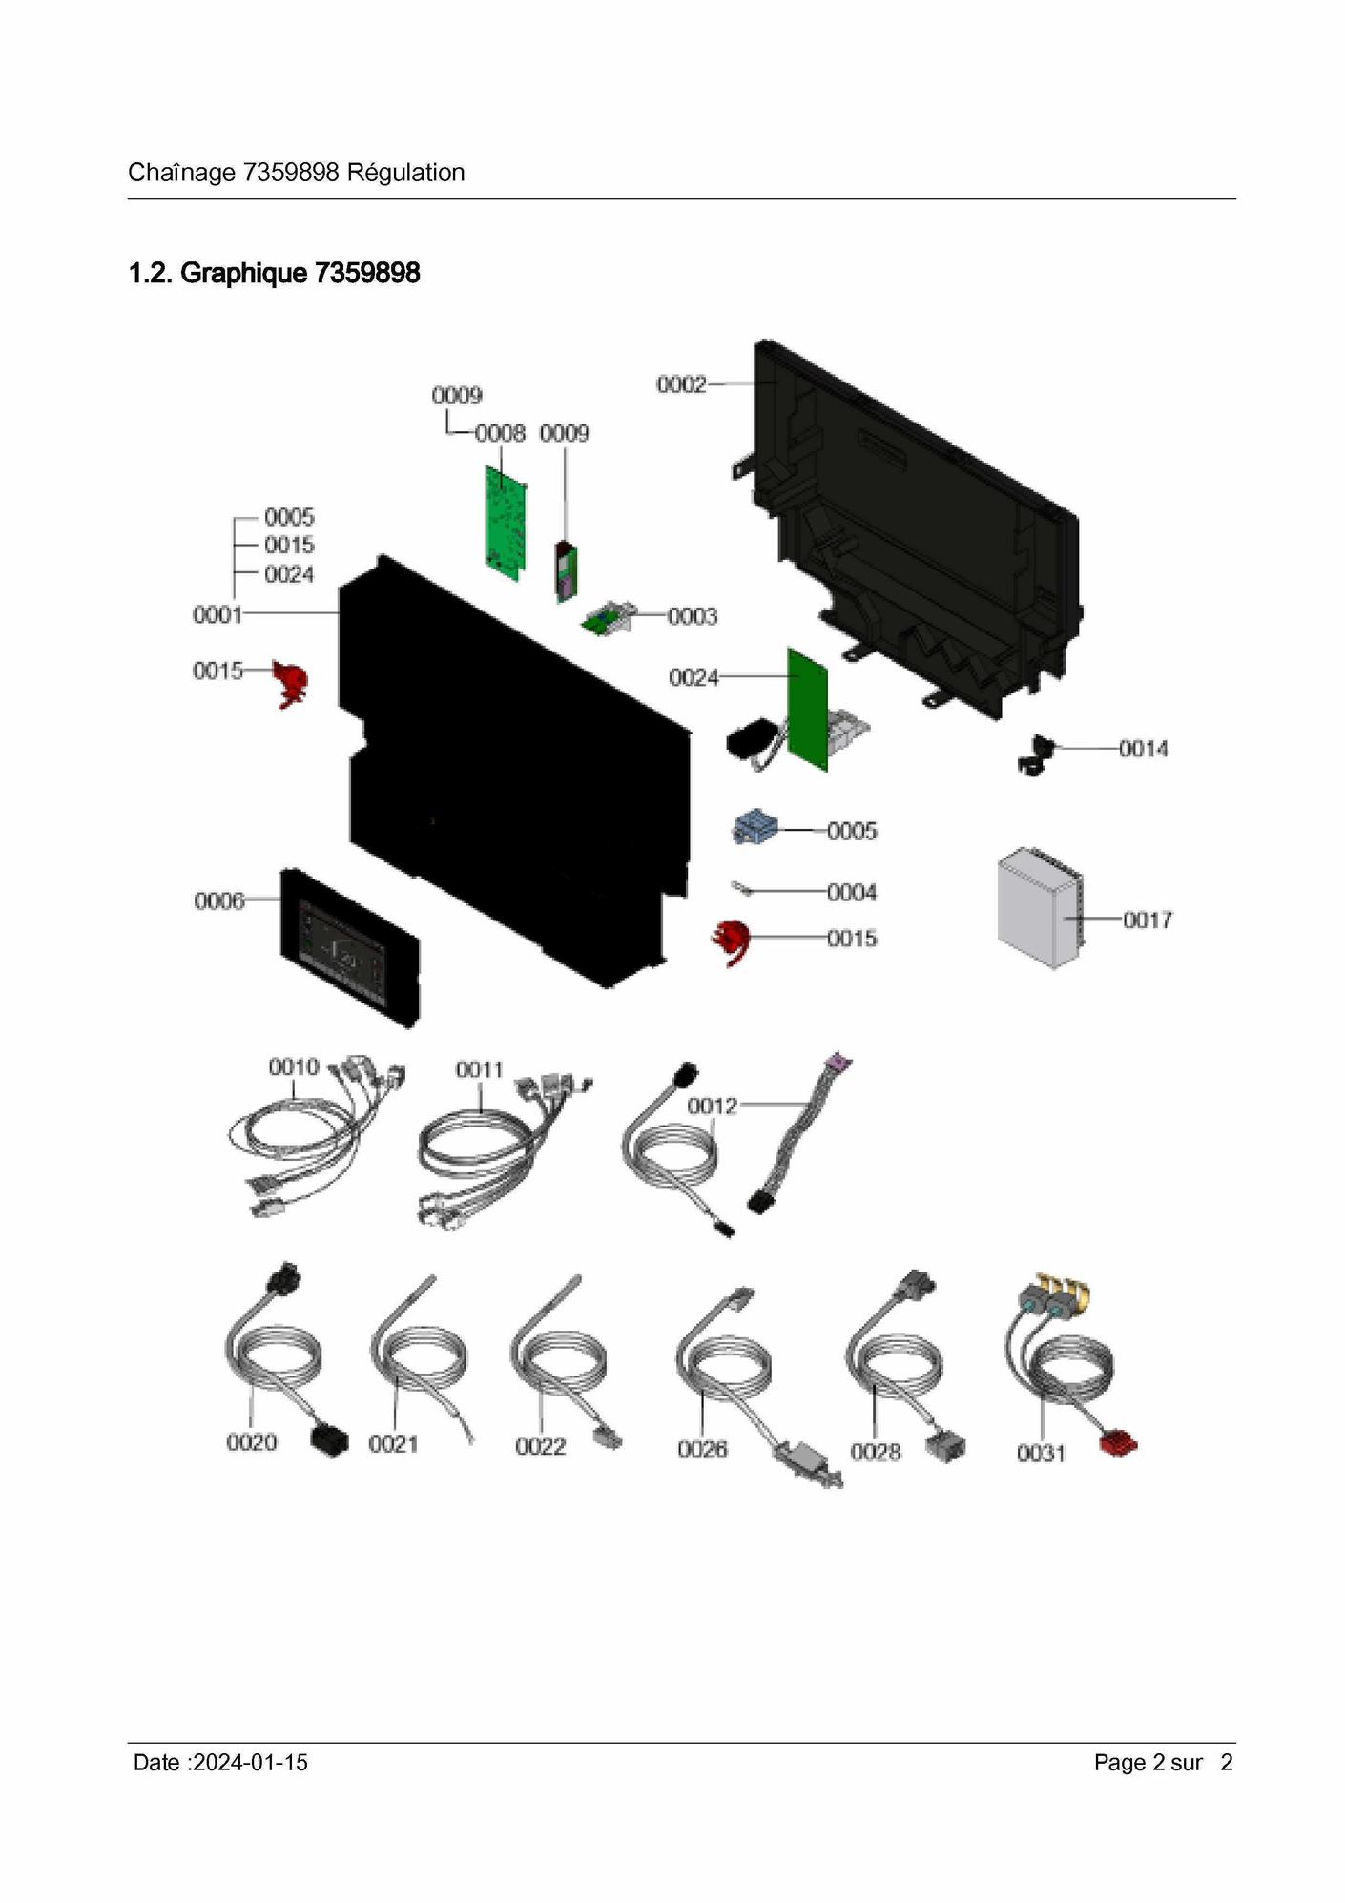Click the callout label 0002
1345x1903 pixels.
tap(681, 384)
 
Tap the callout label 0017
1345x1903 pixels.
tap(1148, 920)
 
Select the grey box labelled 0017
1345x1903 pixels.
tap(1041, 907)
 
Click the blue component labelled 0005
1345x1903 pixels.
tap(755, 826)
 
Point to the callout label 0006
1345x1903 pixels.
tap(219, 900)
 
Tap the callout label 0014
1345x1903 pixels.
tap(1144, 749)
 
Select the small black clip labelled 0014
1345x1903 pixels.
tap(1036, 755)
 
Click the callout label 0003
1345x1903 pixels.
tap(693, 616)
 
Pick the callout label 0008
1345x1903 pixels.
tap(501, 433)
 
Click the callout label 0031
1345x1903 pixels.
tap(1042, 1453)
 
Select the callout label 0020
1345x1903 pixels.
tap(252, 1442)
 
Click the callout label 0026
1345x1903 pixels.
tap(702, 1449)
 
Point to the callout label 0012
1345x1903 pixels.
tap(713, 1106)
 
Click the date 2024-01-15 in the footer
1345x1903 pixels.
tap(250, 1762)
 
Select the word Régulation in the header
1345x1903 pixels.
tap(406, 173)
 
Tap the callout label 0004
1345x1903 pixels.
tap(852, 892)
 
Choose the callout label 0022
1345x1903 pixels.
tap(541, 1446)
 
